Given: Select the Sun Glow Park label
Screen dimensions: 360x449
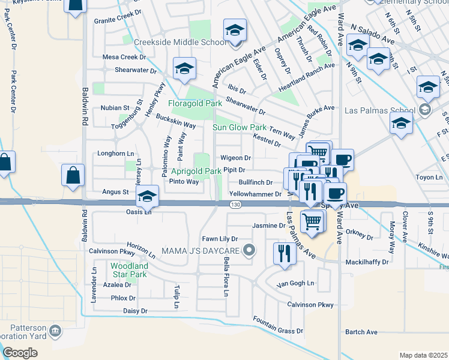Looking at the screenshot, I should (x=240, y=127).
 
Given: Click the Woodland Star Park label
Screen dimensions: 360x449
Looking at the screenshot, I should (x=128, y=269).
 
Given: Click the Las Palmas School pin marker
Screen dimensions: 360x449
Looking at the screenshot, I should (x=425, y=110).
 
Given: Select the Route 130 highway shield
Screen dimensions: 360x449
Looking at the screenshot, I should (x=235, y=205).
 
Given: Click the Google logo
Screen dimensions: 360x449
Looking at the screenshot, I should (x=20, y=353).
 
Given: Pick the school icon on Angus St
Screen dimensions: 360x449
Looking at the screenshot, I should (x=147, y=195).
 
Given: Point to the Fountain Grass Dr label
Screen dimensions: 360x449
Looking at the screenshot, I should (x=278, y=326).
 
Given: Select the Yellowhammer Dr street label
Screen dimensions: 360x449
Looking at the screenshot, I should (x=255, y=194).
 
